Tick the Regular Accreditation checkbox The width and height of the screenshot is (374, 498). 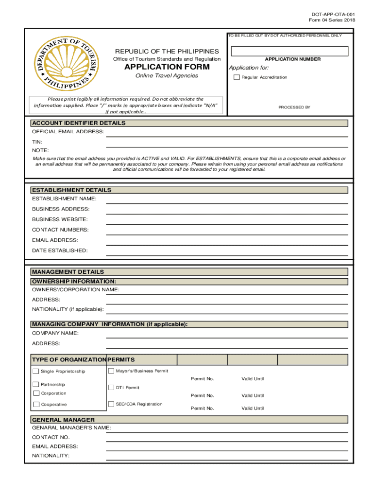coord(237,77)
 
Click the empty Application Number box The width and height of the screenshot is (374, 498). coord(289,51)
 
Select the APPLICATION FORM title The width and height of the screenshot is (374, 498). coord(167,67)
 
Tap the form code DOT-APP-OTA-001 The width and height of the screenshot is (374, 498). coord(330,15)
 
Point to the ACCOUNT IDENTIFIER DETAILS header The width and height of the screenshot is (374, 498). coord(79,123)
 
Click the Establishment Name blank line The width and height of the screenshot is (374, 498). coord(226,200)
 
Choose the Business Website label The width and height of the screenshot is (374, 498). coord(60,219)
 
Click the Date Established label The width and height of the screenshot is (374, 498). coord(60,250)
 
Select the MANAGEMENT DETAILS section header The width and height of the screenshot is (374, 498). coord(68,272)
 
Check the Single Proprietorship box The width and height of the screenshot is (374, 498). coord(36,372)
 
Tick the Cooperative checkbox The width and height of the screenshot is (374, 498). coord(36,404)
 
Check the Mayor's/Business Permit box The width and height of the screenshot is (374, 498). coord(111,371)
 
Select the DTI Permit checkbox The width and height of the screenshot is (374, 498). coord(111,388)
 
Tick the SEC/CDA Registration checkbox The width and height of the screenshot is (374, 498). coord(111,404)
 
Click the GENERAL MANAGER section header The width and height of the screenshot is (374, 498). coord(63,420)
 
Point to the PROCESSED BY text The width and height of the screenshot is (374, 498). coord(294,107)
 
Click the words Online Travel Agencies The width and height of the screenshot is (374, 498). coord(167,76)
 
